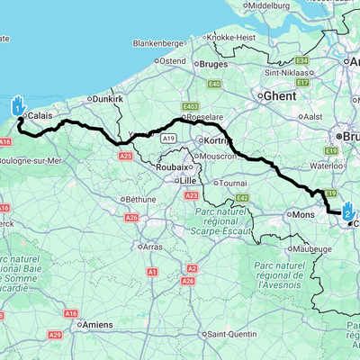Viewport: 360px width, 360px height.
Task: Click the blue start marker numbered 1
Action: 18,105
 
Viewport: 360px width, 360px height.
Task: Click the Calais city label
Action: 40,116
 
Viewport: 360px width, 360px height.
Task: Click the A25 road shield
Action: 126,156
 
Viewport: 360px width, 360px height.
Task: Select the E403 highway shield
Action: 188,105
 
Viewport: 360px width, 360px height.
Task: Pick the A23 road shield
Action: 190,194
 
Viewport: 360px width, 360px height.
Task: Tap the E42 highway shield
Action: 241,198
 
